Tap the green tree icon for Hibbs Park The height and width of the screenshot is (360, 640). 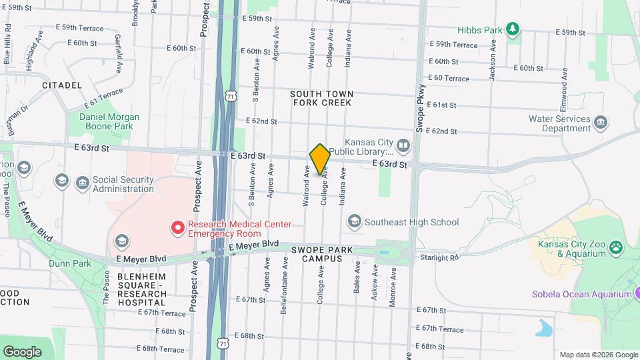(x=512, y=29)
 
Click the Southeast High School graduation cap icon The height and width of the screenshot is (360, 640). (x=354, y=221)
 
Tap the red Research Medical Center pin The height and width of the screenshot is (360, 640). (x=178, y=228)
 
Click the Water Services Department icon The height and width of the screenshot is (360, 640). (x=601, y=123)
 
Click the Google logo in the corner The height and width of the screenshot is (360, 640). (x=23, y=351)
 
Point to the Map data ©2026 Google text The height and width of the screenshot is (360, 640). (x=599, y=355)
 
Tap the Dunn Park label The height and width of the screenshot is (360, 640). (x=69, y=263)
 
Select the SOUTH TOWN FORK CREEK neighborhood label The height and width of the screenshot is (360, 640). (x=322, y=99)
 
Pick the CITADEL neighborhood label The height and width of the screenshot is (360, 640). (x=61, y=85)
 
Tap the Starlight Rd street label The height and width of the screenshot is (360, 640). (x=439, y=257)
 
